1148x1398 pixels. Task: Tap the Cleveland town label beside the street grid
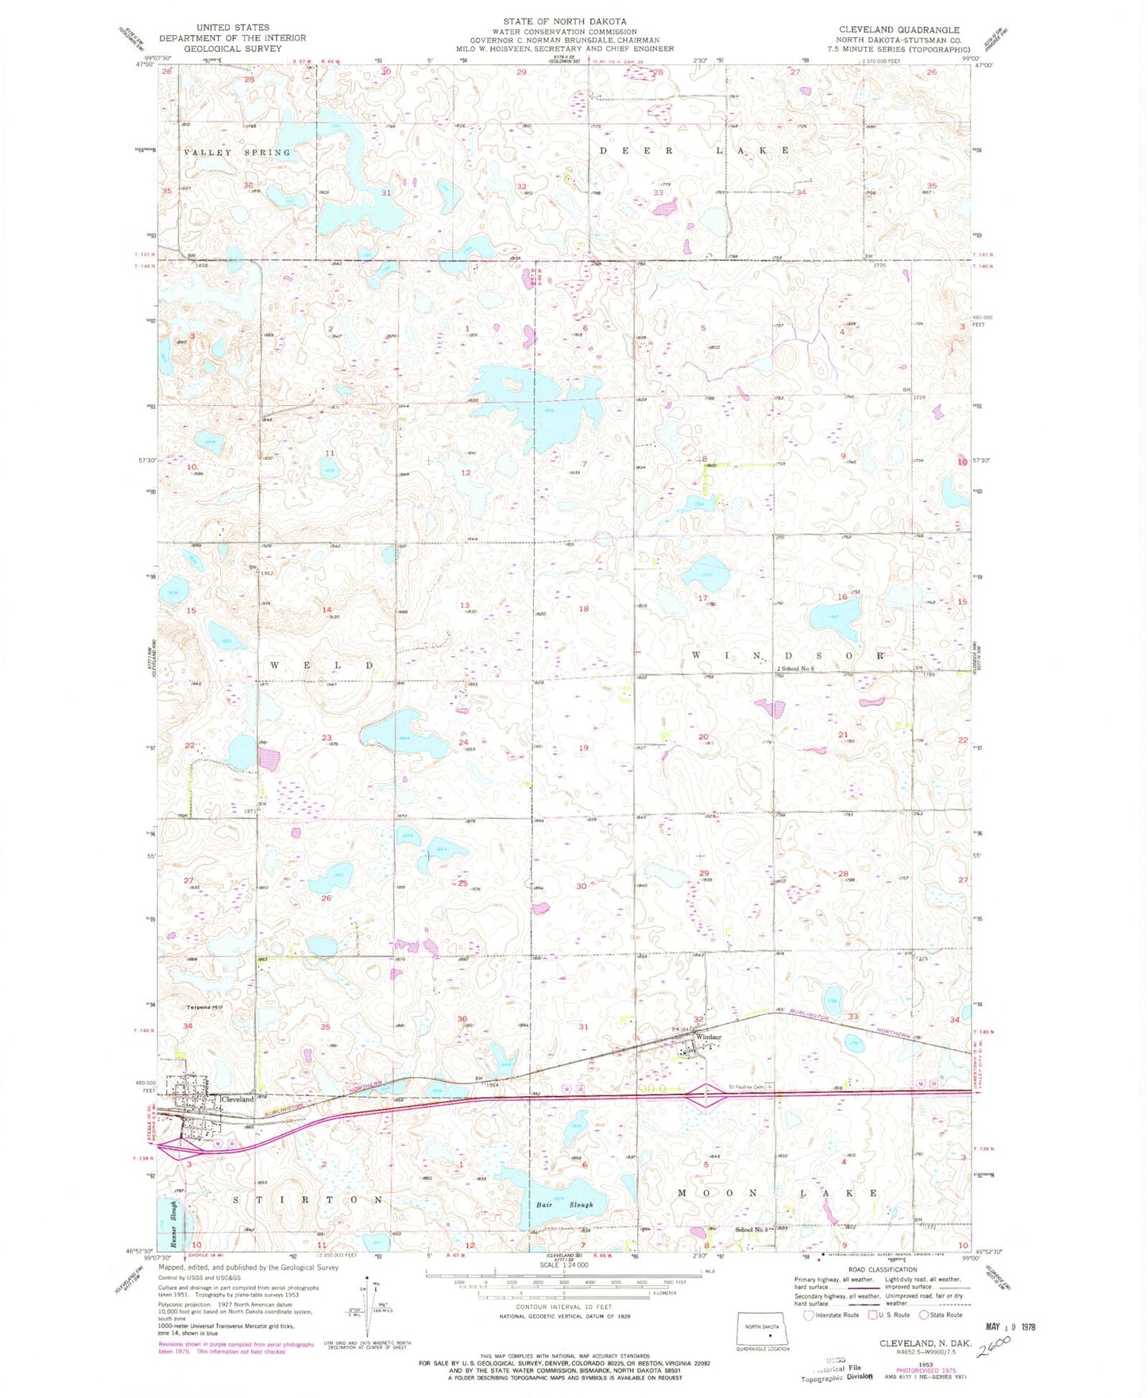238,1099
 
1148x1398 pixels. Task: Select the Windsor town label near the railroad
708,1037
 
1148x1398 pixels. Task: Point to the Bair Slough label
564,1205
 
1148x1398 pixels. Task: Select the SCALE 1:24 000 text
565,1265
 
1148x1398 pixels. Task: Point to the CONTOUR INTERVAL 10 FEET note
564,1307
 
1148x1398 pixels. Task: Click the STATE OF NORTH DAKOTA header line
564,21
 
